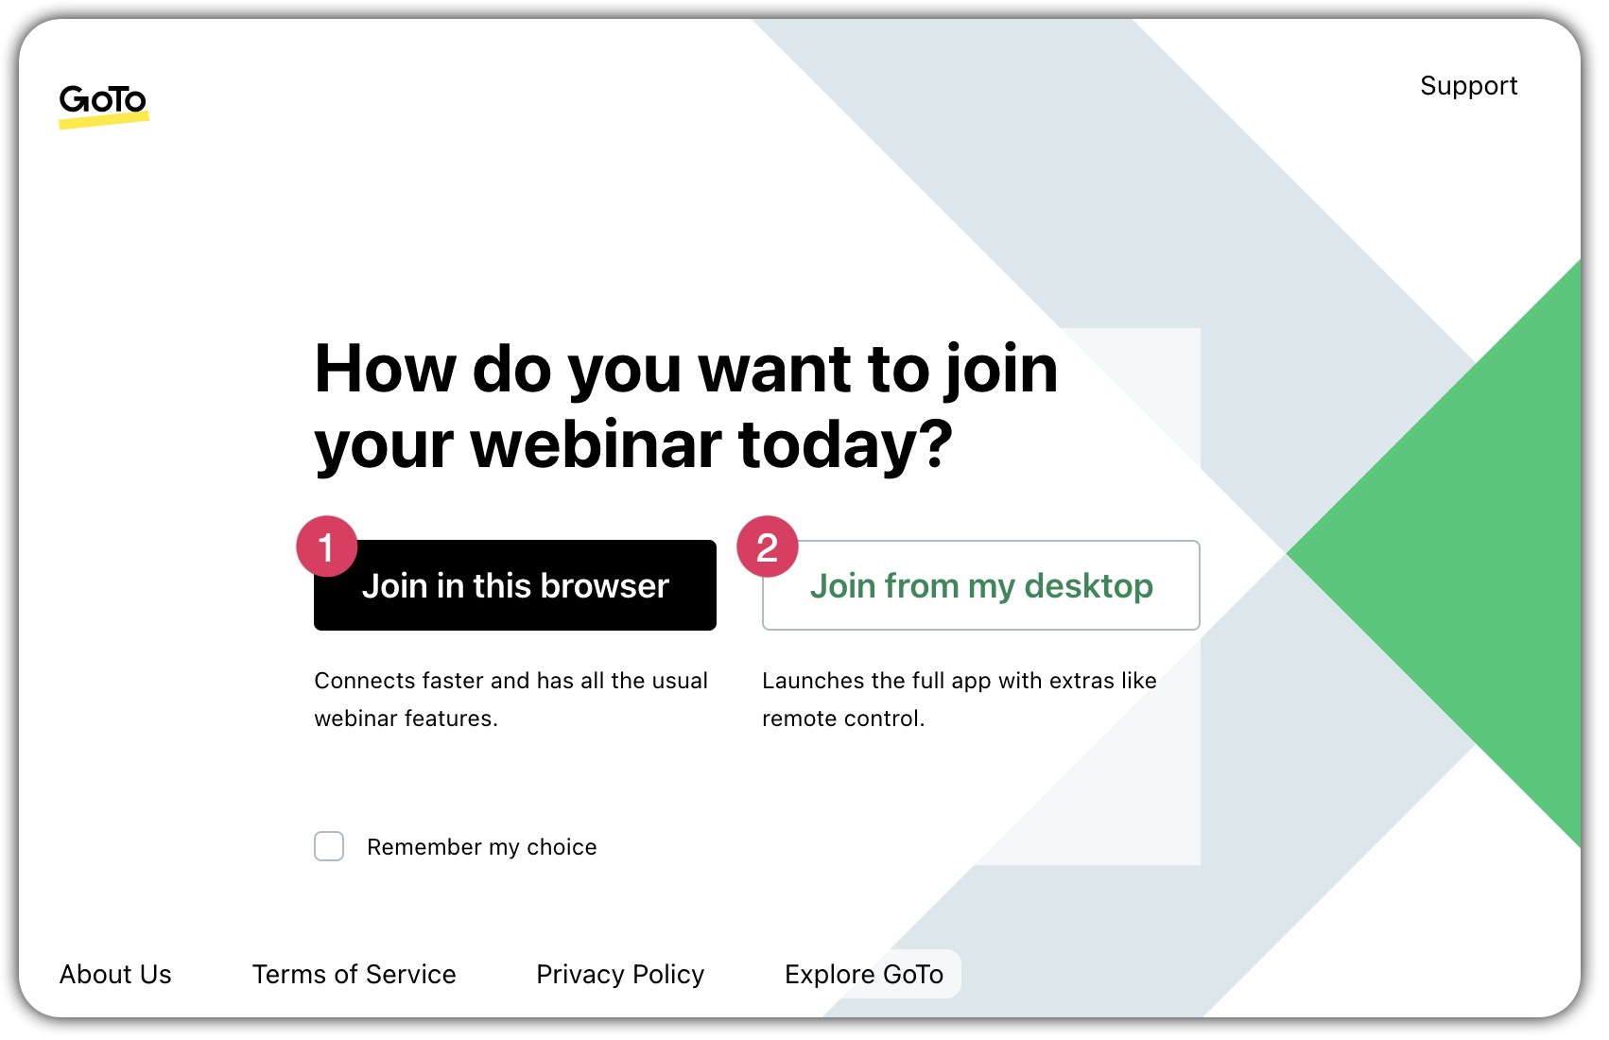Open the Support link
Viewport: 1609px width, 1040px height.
point(1468,86)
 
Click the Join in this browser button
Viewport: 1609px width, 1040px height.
point(515,586)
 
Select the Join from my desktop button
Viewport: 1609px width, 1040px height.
point(981,586)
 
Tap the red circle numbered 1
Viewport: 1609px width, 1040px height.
point(327,546)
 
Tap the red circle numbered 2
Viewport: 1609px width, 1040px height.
point(768,546)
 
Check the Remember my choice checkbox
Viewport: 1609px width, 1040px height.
point(329,846)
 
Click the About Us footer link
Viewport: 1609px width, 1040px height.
point(115,974)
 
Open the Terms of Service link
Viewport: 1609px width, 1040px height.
point(354,974)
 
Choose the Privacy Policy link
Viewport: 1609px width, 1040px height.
point(620,974)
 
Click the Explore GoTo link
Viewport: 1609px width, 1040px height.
point(864,974)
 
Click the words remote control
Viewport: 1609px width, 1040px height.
point(842,719)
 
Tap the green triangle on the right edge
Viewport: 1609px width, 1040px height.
point(1494,553)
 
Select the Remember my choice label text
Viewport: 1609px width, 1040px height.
point(481,847)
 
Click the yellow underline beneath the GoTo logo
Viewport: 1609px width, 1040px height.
point(104,121)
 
